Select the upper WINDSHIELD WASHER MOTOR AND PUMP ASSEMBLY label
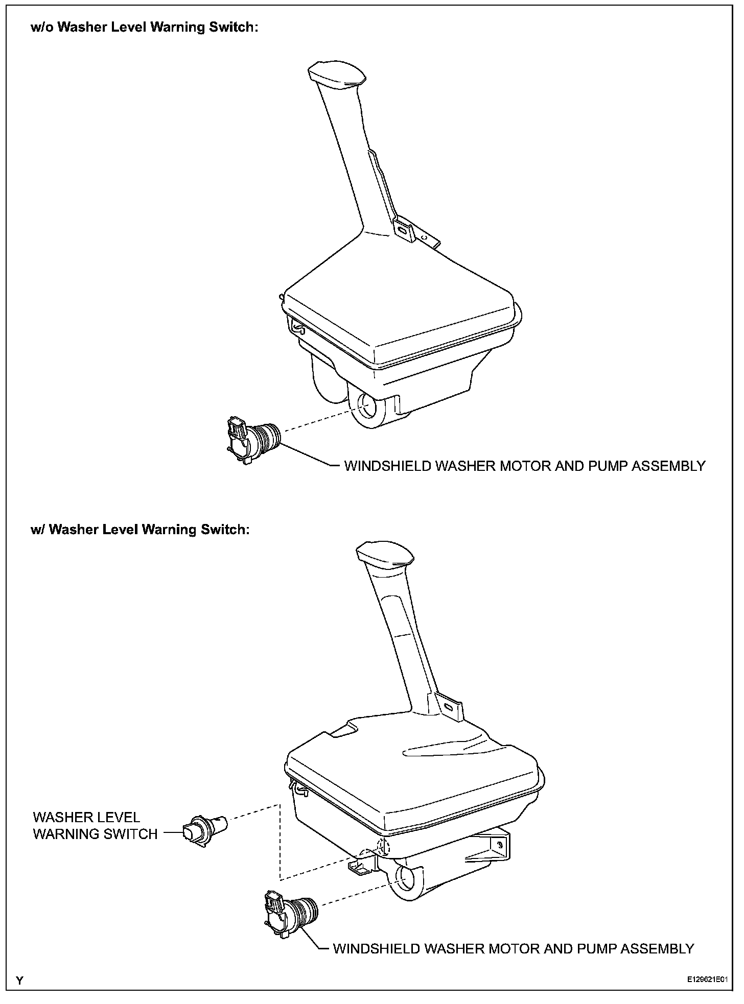point(524,466)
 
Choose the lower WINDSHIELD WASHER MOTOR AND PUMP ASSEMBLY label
point(513,948)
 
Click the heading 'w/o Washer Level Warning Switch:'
point(145,27)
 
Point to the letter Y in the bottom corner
point(19,981)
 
